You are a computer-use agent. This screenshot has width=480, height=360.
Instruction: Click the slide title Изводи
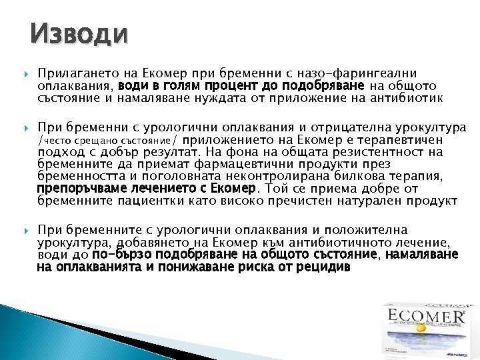[x=79, y=34]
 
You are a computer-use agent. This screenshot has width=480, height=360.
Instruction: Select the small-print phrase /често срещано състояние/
[x=108, y=141]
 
